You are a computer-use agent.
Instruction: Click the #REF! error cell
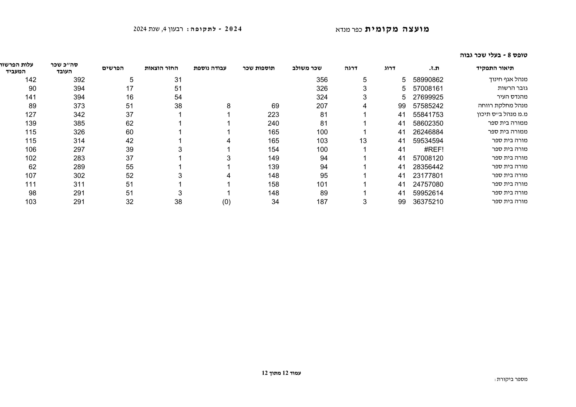[434, 149]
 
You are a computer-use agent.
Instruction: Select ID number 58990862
[428, 80]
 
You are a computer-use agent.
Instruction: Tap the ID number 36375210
[428, 202]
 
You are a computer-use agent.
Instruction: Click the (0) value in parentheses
[226, 202]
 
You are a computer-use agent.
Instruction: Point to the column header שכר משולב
[307, 68]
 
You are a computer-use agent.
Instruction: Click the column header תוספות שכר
[259, 68]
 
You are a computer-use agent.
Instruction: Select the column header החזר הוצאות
[161, 68]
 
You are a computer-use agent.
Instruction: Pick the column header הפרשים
[113, 68]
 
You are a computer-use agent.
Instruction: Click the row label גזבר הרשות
[513, 88]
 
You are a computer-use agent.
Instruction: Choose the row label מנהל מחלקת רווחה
[502, 105]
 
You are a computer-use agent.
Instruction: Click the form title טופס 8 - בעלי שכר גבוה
[493, 55]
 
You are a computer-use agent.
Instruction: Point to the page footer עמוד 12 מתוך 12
[281, 373]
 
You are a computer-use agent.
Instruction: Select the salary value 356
[322, 80]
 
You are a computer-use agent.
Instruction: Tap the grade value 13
[363, 141]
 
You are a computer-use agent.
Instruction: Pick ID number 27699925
[428, 97]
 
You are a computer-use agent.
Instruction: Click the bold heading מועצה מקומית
[397, 29]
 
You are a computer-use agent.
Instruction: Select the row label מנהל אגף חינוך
[508, 80]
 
